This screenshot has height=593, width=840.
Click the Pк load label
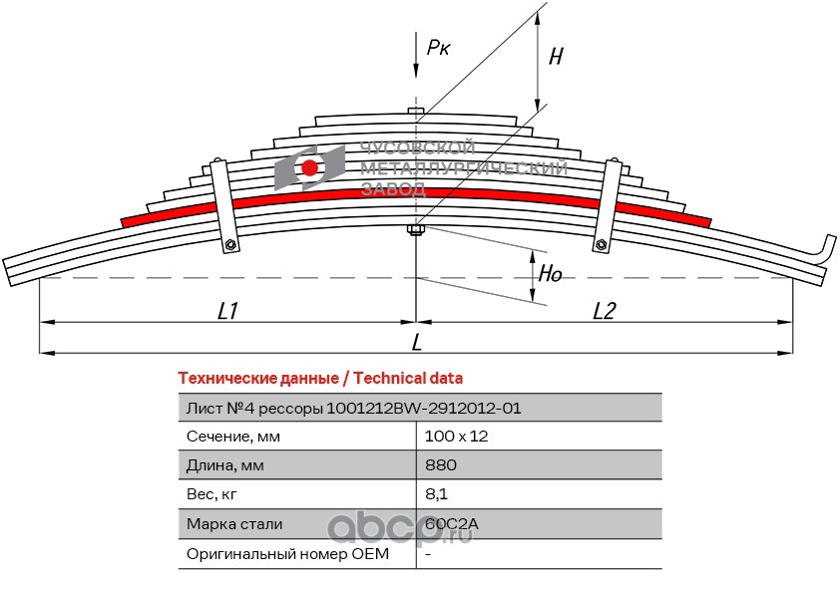[438, 48]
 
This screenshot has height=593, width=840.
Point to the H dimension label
[556, 56]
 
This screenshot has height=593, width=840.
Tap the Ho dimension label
[550, 273]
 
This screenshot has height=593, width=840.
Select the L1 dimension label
[227, 310]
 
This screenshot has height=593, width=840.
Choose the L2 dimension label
[605, 310]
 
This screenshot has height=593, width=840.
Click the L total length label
[417, 342]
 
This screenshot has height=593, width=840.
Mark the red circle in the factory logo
[309, 168]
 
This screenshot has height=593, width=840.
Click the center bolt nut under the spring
[416, 230]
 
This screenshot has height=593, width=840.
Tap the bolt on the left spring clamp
[230, 244]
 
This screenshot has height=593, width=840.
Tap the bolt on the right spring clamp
[601, 244]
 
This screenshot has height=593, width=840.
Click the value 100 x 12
[457, 437]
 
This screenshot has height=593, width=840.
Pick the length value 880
[441, 464]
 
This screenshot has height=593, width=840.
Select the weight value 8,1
[436, 494]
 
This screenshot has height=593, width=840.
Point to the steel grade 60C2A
[452, 523]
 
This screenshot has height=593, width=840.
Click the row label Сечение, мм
[233, 437]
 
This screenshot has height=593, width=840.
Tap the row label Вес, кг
[211, 494]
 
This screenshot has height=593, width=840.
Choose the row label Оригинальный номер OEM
[287, 553]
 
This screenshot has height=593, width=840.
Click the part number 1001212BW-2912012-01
[423, 409]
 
